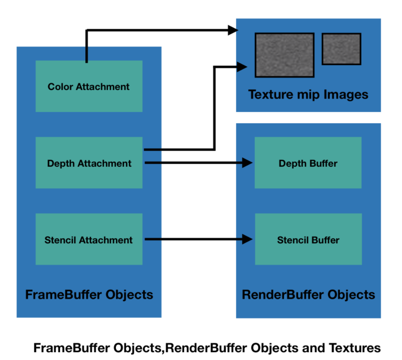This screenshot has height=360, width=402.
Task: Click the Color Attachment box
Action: click(x=89, y=86)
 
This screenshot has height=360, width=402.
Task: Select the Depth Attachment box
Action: click(x=89, y=163)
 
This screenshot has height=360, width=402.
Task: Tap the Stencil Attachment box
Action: click(x=89, y=239)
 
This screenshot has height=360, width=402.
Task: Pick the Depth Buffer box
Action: click(x=308, y=163)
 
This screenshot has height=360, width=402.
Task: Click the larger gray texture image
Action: click(x=284, y=55)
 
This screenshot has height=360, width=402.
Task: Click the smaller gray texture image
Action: click(x=341, y=49)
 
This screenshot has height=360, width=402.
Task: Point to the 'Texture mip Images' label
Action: click(x=308, y=94)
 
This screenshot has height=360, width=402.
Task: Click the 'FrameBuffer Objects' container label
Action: click(x=89, y=295)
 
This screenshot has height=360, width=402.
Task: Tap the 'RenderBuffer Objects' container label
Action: click(x=308, y=295)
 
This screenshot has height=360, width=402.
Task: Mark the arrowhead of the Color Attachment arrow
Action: click(x=233, y=30)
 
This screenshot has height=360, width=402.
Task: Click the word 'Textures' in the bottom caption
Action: click(x=355, y=348)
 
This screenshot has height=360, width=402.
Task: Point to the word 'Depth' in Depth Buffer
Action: click(x=291, y=164)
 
